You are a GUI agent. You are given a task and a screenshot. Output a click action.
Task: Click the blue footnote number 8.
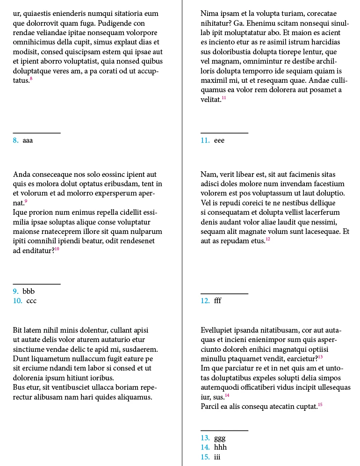tap(15, 140)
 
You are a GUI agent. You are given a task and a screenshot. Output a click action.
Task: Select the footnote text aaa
tap(28, 140)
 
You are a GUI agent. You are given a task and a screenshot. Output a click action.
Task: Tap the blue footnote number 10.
tap(18, 301)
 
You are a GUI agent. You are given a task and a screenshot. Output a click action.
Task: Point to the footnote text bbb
tap(29, 291)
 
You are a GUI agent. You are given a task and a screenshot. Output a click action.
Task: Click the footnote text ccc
tap(31, 301)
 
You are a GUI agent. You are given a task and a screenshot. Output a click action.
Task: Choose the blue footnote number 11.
tap(205, 140)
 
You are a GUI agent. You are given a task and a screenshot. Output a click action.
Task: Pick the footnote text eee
tap(219, 140)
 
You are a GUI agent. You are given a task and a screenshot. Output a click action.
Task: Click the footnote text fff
tap(217, 301)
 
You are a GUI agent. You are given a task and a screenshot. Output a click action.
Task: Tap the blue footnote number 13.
tap(205, 438)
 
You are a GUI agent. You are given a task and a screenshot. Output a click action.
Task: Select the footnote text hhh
tap(220, 447)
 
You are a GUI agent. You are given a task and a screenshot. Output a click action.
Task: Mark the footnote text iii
tap(217, 457)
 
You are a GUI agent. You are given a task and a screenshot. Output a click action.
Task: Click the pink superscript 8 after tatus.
tap(31, 79)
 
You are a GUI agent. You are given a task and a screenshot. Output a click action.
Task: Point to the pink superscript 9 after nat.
tap(26, 201)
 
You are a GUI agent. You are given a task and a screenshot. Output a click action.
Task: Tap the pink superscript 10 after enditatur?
tap(57, 249)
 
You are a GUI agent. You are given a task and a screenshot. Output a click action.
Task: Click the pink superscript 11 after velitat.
tap(224, 98)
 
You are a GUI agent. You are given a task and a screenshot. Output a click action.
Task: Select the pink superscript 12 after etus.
tap(268, 240)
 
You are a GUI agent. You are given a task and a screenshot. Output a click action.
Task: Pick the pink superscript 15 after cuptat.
tap(320, 404)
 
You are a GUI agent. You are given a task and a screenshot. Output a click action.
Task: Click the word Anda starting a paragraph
tap(22, 175)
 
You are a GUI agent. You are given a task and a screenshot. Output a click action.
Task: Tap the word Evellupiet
tap(217, 330)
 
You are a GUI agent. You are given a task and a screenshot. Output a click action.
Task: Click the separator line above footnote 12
tap(224, 294)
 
